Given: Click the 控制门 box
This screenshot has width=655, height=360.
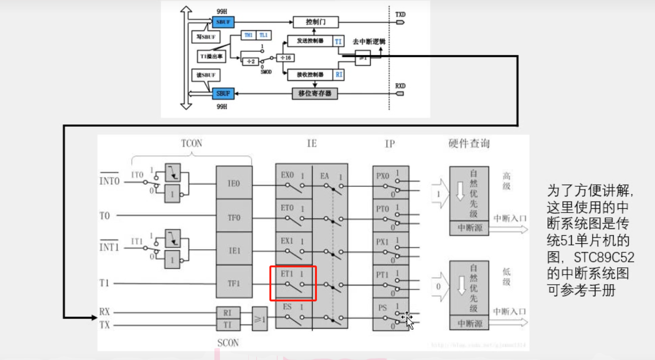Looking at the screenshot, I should click(x=315, y=22).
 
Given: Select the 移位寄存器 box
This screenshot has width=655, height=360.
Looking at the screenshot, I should click(x=315, y=93).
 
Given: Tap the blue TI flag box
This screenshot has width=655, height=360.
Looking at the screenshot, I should click(x=339, y=41).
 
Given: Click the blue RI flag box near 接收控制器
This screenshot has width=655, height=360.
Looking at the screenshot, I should click(x=339, y=75).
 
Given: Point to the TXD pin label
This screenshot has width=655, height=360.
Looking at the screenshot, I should click(x=400, y=14).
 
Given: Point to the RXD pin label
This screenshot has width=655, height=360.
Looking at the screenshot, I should click(x=400, y=86).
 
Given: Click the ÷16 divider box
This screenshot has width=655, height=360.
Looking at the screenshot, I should click(x=287, y=58).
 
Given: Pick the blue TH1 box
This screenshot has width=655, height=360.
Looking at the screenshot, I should click(x=248, y=36).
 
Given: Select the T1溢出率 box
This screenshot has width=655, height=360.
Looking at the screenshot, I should click(x=211, y=57).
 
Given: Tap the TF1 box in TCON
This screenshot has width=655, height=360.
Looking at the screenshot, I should click(x=234, y=283).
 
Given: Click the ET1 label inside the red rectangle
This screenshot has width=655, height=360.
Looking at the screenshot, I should click(x=287, y=275).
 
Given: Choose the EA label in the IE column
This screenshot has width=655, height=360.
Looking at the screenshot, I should click(x=325, y=176).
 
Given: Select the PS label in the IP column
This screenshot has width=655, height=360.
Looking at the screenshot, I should click(x=383, y=307).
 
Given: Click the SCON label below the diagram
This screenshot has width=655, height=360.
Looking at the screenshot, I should click(x=228, y=343).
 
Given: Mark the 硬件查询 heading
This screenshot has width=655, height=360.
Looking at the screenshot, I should click(x=469, y=144).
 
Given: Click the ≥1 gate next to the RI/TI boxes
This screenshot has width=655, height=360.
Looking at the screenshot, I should click(x=260, y=318).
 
